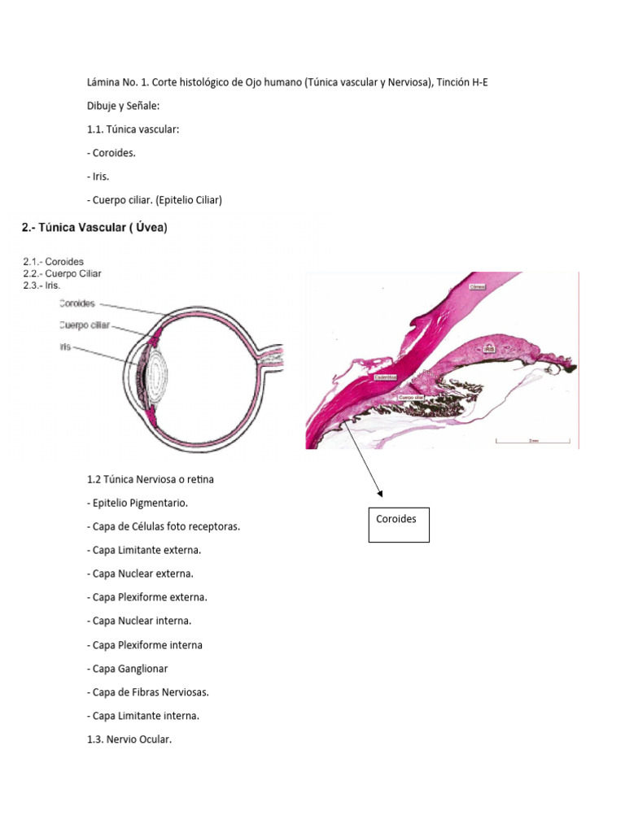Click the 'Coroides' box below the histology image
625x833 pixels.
pos(399,525)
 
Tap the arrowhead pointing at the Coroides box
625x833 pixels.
pos(380,493)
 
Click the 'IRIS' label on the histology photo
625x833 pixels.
pos(489,347)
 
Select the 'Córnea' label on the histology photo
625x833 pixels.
pos(478,286)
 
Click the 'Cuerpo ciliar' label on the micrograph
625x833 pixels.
pos(409,397)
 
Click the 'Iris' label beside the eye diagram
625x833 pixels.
pos(64,347)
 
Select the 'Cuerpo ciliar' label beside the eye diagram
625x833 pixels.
pos(84,325)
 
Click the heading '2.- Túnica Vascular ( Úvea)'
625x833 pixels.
pos(94,229)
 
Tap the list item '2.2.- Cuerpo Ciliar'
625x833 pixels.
pos(62,273)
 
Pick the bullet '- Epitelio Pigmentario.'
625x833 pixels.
pos(140,503)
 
